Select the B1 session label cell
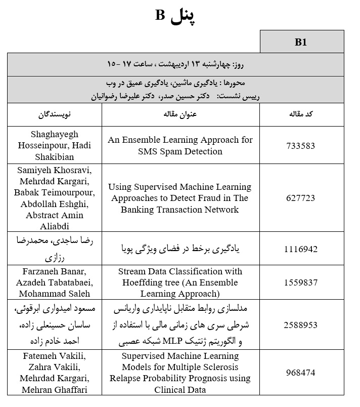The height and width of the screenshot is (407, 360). point(301,42)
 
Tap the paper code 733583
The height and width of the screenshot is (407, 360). point(301,146)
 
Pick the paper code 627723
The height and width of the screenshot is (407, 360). point(301,198)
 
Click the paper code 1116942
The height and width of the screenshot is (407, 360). point(301,249)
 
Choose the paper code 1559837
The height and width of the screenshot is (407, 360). point(301,283)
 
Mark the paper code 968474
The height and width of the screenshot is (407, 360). point(301,373)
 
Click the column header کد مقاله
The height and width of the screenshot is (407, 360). point(302,114)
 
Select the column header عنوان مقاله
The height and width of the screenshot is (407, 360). point(181,114)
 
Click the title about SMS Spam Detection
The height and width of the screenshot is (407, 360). point(181,146)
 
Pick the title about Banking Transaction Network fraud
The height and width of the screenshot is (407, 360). point(181,198)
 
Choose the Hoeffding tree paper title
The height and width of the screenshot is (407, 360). point(181,283)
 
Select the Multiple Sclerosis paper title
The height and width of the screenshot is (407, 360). point(181,373)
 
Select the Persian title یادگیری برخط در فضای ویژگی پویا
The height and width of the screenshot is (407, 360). point(181,249)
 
